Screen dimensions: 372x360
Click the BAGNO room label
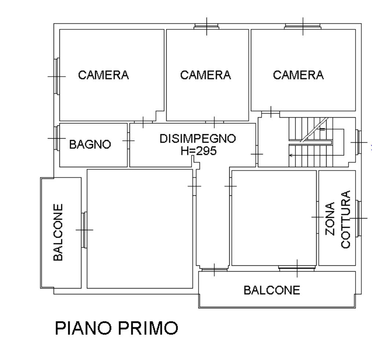pyautogui.click(x=90, y=144)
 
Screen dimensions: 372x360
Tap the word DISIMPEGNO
pyautogui.click(x=198, y=139)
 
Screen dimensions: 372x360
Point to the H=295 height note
pyautogui.click(x=198, y=151)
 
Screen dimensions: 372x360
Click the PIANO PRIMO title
pyautogui.click(x=116, y=328)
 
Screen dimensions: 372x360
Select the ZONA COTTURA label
pyautogui.click(x=338, y=219)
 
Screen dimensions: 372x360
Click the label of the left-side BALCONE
pyautogui.click(x=58, y=232)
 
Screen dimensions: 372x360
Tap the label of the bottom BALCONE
pyautogui.click(x=272, y=290)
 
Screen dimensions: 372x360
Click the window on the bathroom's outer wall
pyautogui.click(x=57, y=138)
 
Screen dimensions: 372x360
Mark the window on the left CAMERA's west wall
pyautogui.click(x=57, y=76)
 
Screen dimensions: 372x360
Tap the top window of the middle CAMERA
pyautogui.click(x=207, y=26)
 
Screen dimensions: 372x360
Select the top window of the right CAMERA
pyautogui.click(x=303, y=26)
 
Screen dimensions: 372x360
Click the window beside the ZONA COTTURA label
pyautogui.click(x=358, y=218)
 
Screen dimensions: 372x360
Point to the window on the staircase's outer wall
pyautogui.click(x=358, y=142)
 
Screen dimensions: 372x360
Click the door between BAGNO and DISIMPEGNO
pyautogui.click(x=128, y=140)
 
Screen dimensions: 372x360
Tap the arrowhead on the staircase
pyautogui.click(x=291, y=155)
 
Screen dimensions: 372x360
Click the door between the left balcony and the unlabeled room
pyautogui.click(x=84, y=229)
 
